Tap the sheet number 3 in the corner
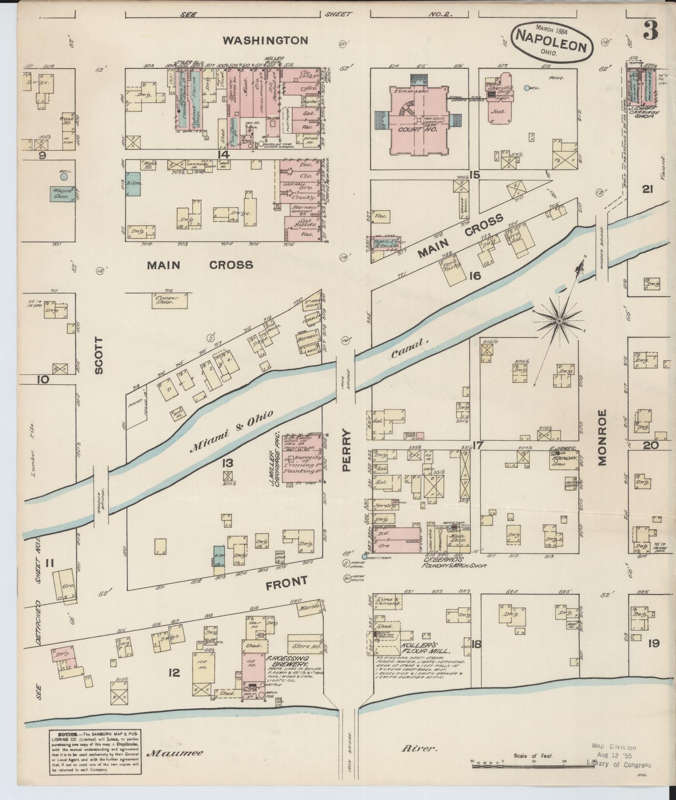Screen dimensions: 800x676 650,32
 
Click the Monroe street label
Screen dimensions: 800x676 602,437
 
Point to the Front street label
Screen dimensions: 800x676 286,583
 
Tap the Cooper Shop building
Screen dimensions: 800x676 165,300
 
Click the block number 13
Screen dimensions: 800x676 228,463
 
